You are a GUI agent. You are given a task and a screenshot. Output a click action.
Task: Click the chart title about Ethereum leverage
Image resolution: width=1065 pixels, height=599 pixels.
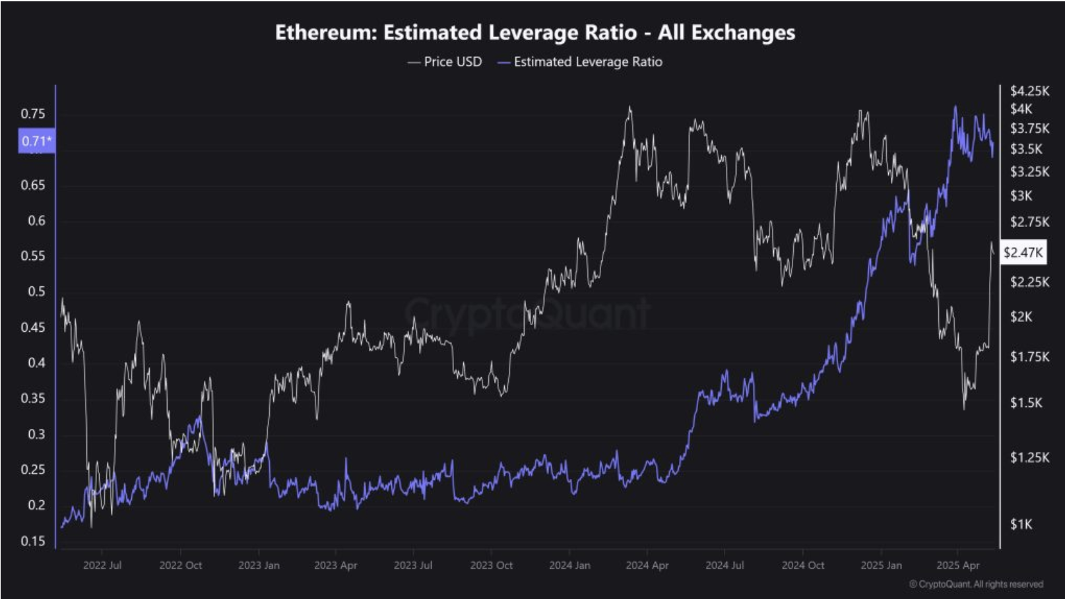coord(534,32)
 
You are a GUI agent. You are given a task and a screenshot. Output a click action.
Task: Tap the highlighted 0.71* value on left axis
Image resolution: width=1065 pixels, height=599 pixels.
coord(36,141)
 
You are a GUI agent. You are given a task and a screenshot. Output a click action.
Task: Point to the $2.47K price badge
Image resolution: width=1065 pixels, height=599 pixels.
coord(1023,252)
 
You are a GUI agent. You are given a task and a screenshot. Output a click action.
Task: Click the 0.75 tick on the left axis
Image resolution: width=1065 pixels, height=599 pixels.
coord(33,114)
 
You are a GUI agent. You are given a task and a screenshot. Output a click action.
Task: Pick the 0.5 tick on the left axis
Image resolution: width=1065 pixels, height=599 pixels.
coord(36,292)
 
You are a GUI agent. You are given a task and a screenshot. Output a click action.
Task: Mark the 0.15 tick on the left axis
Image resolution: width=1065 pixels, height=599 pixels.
coord(33,541)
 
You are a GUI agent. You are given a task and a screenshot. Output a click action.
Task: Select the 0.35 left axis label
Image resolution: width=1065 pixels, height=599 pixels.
coord(33,398)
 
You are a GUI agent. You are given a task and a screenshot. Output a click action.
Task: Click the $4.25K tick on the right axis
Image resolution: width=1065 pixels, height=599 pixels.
coord(1029,91)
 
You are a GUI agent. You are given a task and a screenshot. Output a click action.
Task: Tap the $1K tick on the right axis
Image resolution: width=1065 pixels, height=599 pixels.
coord(1021,524)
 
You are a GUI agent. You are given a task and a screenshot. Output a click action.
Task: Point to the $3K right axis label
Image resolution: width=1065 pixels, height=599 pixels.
coord(1021,196)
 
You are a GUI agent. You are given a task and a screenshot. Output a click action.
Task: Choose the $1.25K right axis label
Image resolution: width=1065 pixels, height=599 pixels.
coord(1029,457)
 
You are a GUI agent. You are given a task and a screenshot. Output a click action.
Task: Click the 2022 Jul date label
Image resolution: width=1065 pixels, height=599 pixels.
coord(102,565)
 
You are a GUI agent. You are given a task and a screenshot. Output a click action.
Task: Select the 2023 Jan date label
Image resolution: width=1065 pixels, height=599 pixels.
coord(259,565)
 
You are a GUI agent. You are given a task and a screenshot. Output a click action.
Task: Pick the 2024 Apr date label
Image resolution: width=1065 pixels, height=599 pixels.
coord(647,565)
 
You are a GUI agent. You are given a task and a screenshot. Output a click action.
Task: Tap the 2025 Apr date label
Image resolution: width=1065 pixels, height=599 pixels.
coord(957,565)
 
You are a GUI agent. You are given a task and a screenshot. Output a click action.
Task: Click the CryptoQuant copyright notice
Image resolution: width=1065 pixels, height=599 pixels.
coord(976,584)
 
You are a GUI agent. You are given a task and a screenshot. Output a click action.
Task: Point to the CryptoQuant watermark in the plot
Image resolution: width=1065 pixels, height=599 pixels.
coord(528,313)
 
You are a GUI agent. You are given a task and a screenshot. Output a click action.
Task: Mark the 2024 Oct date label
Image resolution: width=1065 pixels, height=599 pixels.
coord(803,565)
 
